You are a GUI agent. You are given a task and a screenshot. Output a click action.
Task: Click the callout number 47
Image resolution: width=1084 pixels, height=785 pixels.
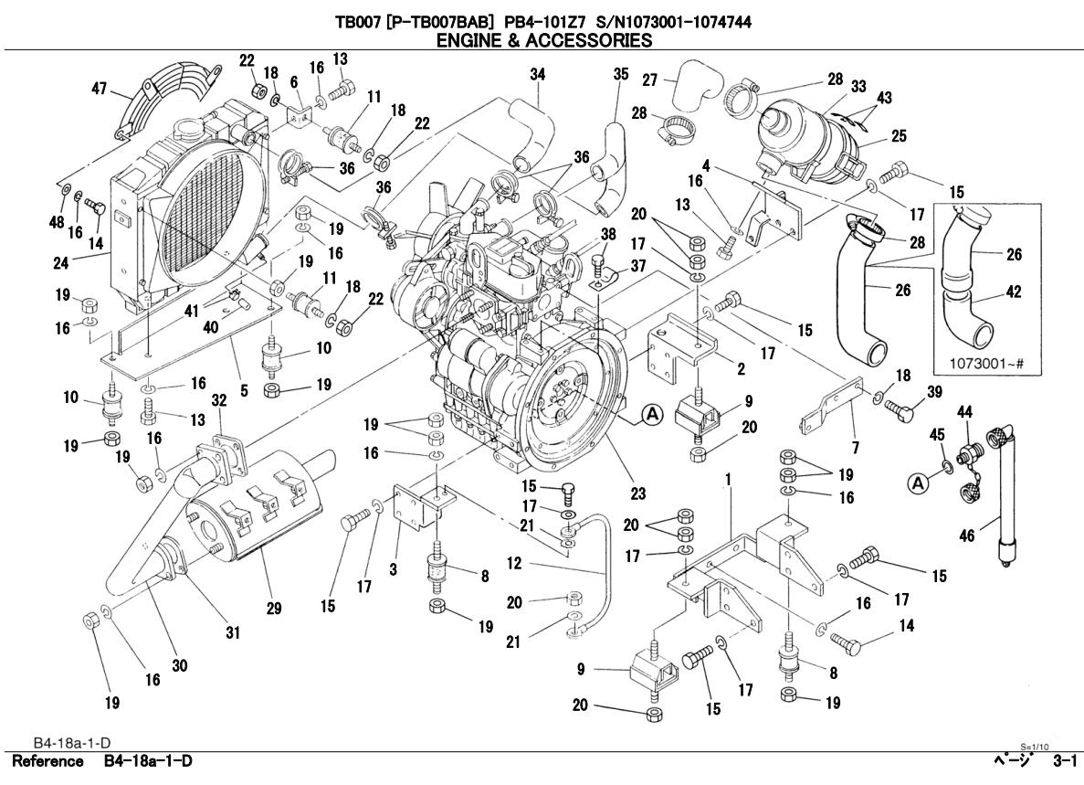(x=98, y=89)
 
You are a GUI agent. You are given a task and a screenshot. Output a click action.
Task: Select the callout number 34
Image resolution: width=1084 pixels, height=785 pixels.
(x=538, y=74)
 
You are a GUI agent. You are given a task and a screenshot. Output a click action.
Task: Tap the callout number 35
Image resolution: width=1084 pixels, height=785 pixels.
(x=621, y=74)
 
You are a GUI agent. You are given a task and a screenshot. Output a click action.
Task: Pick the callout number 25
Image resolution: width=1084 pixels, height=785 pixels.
(x=899, y=136)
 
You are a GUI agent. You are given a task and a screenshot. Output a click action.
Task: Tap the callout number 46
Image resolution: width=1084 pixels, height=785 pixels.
(x=966, y=536)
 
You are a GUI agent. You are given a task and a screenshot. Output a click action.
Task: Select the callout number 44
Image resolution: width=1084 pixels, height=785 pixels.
(x=964, y=413)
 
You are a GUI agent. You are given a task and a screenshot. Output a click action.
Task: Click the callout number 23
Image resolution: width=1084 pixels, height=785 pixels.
(x=637, y=493)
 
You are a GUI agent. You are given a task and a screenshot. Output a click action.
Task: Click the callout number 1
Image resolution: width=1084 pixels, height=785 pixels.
(x=729, y=479)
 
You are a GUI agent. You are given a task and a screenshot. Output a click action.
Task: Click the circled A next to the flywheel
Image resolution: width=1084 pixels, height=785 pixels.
(x=652, y=414)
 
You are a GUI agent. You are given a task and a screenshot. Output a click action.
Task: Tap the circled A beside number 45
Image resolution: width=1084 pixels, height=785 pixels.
(x=920, y=479)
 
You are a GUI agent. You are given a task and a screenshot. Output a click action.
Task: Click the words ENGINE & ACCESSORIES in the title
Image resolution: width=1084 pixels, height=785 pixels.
(x=544, y=40)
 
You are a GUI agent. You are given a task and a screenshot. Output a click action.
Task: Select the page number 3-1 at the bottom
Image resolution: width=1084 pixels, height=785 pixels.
(x=1064, y=761)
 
